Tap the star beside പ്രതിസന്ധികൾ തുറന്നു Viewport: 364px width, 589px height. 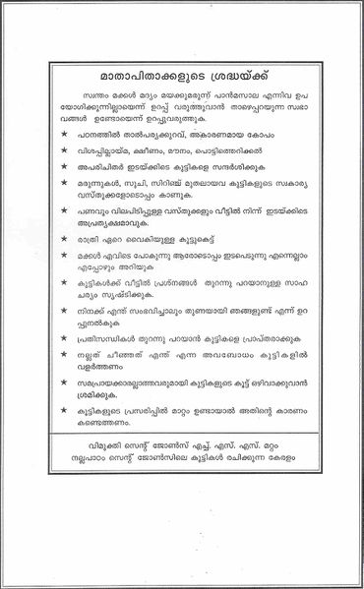click(64, 390)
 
